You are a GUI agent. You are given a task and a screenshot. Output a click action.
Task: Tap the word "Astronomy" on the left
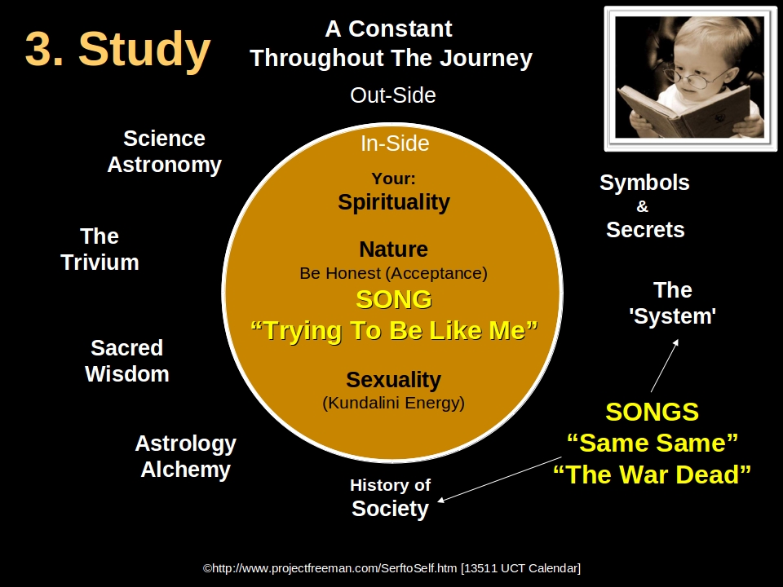click(164, 165)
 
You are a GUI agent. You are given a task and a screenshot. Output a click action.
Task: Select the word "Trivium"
click(100, 263)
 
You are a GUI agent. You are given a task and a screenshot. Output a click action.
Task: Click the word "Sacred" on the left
click(126, 348)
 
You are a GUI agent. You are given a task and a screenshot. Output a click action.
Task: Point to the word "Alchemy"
click(185, 470)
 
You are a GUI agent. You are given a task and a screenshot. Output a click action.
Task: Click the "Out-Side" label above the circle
click(392, 95)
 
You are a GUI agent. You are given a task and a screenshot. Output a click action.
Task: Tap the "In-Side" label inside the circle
click(395, 143)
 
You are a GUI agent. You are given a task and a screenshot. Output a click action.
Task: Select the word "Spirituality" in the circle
click(394, 202)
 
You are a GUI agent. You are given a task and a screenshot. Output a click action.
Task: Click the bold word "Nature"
click(393, 249)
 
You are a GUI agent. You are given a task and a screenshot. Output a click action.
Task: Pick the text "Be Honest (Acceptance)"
click(393, 273)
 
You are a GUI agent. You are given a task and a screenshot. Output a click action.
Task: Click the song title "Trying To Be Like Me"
click(393, 331)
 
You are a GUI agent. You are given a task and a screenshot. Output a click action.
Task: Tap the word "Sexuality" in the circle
click(393, 380)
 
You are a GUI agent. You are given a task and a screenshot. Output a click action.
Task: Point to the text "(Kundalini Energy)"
click(393, 403)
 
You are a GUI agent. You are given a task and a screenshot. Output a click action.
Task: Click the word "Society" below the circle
click(390, 509)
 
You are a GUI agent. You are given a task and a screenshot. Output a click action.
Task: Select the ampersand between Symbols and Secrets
click(643, 207)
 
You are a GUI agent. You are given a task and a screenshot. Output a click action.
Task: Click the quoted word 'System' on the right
click(672, 316)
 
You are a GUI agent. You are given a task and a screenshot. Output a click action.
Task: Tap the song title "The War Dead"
click(652, 474)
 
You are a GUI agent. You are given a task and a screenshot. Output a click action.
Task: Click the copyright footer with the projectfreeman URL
click(391, 568)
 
